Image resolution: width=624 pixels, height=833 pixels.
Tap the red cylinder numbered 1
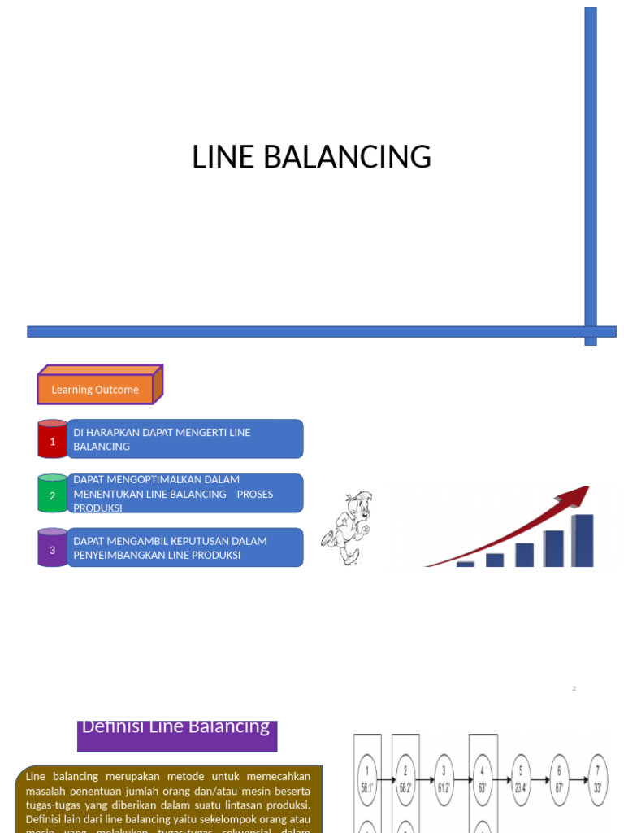pyautogui.click(x=53, y=440)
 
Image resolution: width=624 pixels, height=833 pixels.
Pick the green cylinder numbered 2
pyautogui.click(x=53, y=494)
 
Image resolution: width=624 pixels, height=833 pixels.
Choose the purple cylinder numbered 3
pyautogui.click(x=53, y=548)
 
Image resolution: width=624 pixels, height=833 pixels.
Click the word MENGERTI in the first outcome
pyautogui.click(x=200, y=433)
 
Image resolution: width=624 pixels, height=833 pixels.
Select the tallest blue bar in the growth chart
pyautogui.click(x=583, y=540)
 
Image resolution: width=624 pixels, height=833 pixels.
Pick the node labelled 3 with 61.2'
pyautogui.click(x=443, y=780)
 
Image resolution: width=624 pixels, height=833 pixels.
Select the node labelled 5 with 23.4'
pyautogui.click(x=520, y=780)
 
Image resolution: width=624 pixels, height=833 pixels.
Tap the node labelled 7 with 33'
pyautogui.click(x=598, y=780)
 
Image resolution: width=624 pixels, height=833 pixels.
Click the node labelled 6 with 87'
pyautogui.click(x=559, y=780)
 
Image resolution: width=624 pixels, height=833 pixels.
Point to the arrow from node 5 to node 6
pyautogui.click(x=539, y=780)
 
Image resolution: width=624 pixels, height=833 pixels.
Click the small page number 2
pyautogui.click(x=574, y=688)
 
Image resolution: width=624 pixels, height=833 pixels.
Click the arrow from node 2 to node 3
pyautogui.click(x=425, y=780)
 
